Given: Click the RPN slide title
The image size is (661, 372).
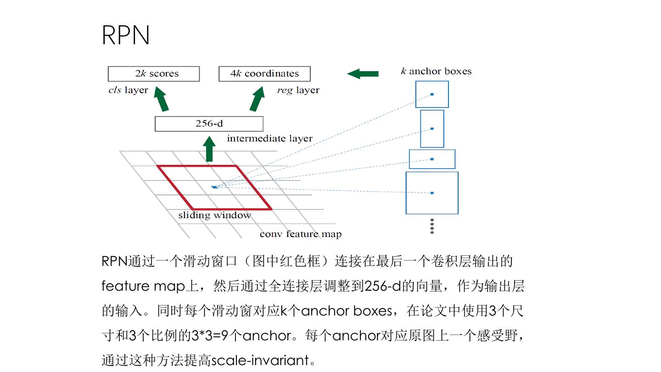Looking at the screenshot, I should (125, 35).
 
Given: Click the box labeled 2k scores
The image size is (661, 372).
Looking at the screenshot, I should (154, 73).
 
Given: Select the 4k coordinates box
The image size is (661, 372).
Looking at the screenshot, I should (264, 73).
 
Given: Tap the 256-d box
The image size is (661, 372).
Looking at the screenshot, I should (209, 124).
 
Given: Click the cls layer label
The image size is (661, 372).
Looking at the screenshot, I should (128, 90).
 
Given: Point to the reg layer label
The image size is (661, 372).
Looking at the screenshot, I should (298, 90).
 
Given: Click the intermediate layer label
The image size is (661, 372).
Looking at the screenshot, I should (269, 138).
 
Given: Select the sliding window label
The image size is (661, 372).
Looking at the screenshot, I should (214, 215).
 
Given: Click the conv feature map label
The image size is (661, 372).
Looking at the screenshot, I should (300, 234).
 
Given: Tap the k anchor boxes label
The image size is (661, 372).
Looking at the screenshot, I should (436, 71).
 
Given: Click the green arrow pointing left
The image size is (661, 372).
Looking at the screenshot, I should (363, 73).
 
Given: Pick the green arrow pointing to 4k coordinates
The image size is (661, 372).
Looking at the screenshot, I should (257, 100).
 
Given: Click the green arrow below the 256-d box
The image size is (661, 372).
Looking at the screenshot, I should (209, 149).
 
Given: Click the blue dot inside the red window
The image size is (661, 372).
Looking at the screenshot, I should (214, 187).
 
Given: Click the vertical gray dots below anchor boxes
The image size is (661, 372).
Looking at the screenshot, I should (432, 226).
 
